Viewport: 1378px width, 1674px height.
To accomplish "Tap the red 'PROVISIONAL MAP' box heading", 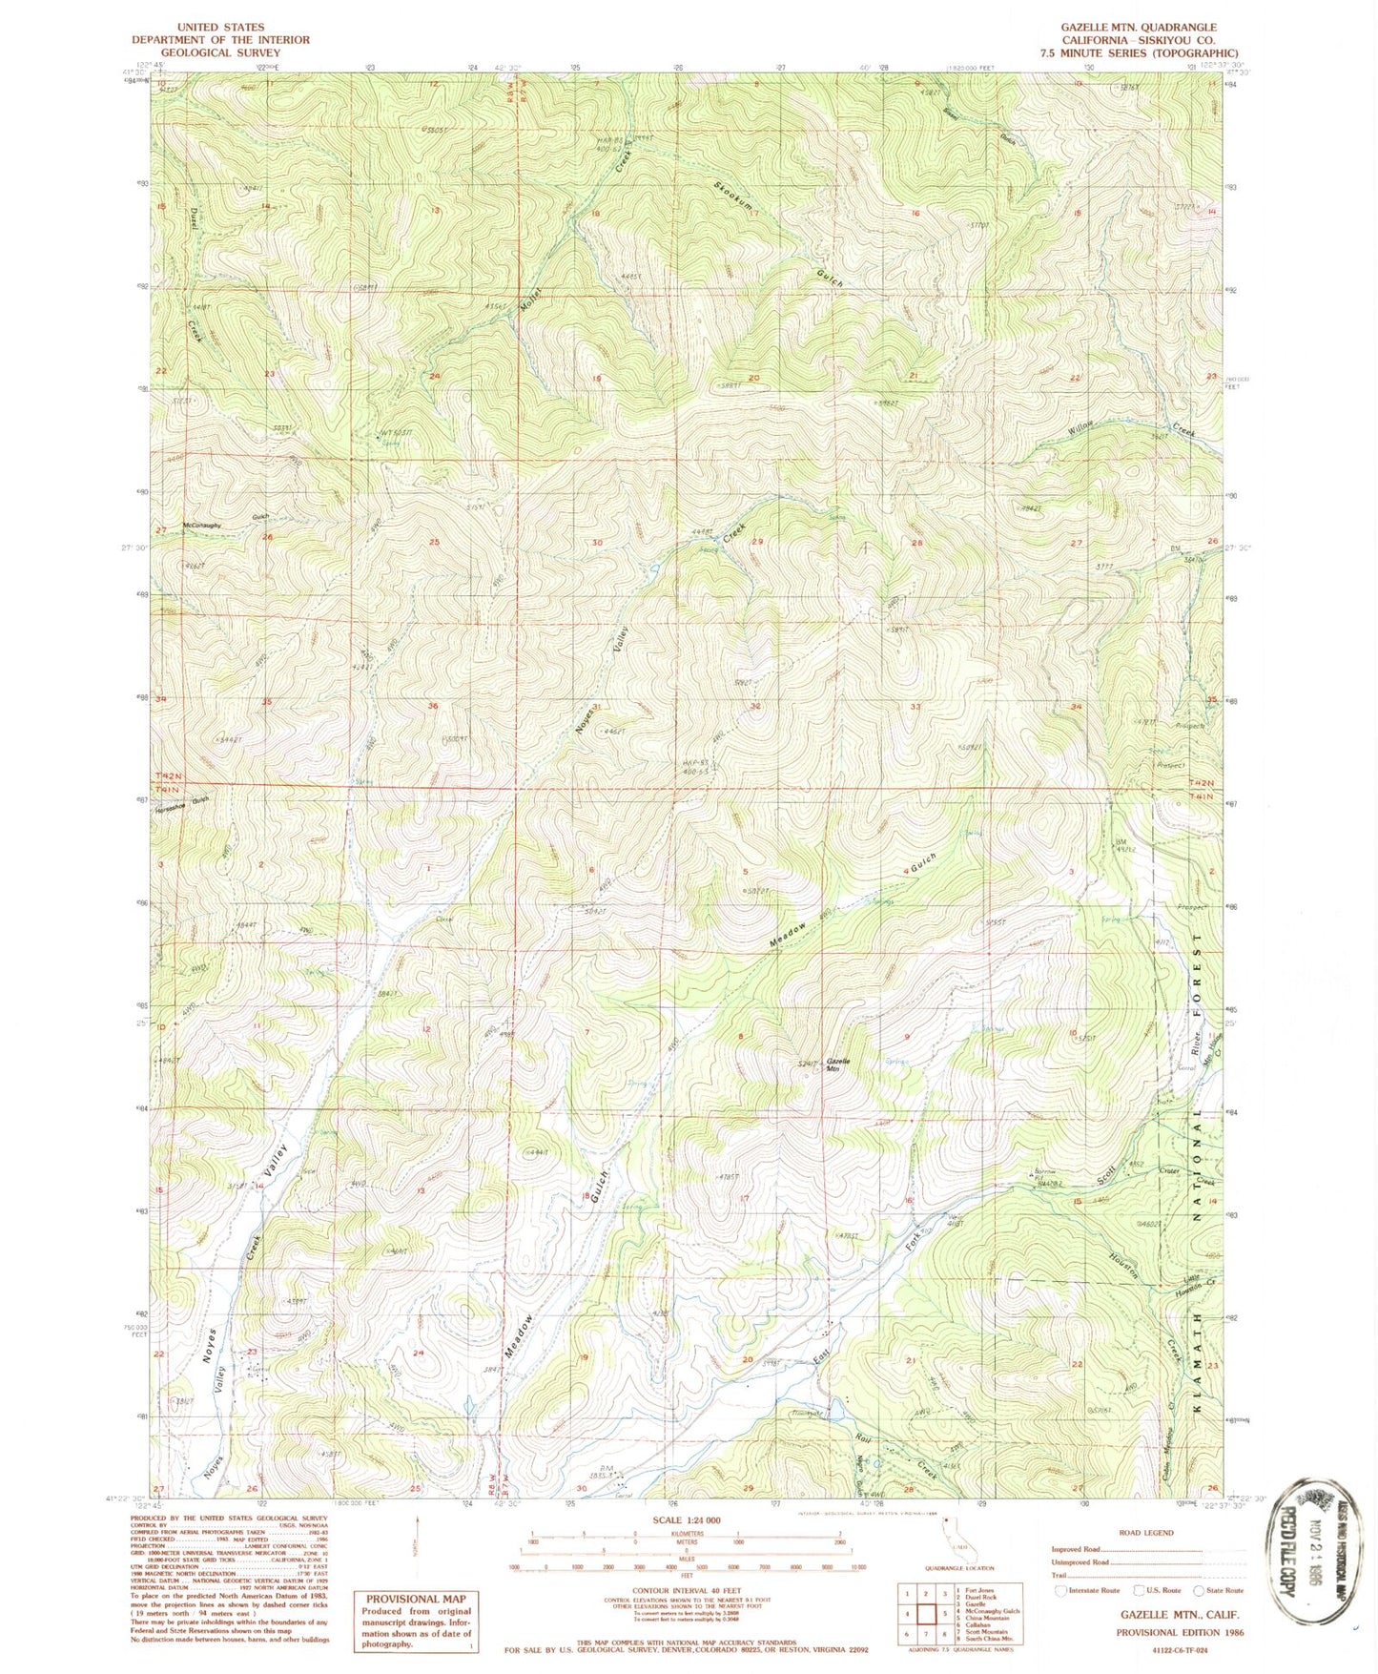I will pyautogui.click(x=414, y=1598).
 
